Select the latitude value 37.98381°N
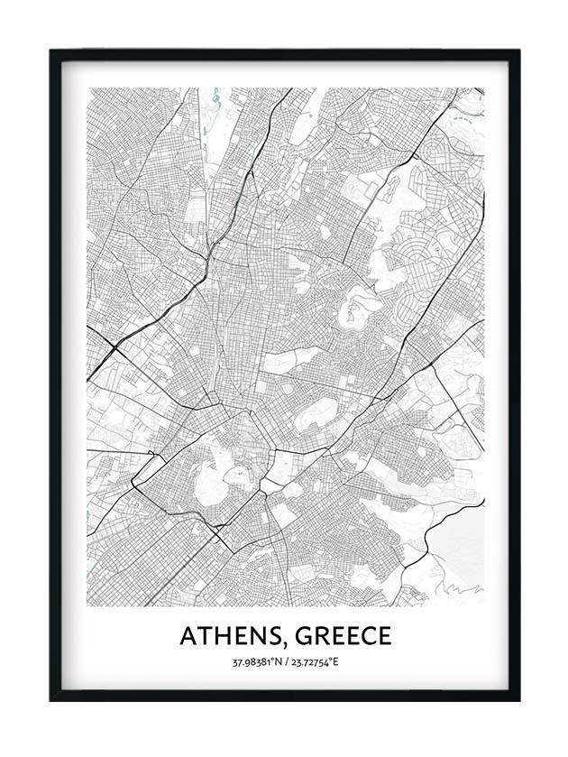256,662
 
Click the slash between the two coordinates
284,662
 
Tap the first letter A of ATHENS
188,636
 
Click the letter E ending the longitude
334,662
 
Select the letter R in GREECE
324,636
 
